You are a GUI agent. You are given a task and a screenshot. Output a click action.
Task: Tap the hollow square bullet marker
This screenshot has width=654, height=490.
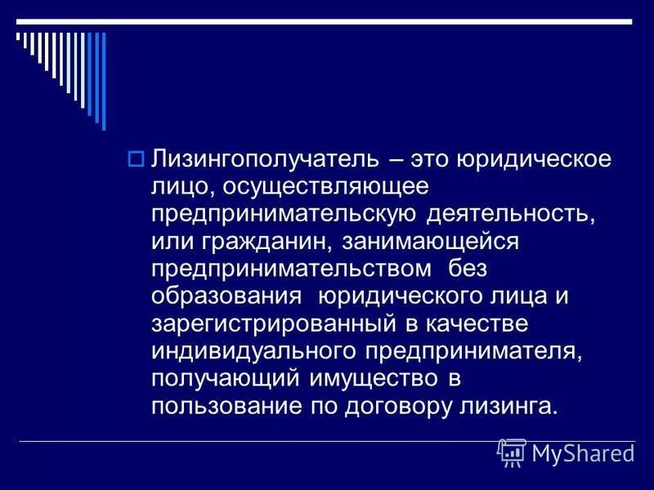(x=137, y=158)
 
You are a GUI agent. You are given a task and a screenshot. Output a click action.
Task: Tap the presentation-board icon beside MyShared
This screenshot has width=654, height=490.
(x=512, y=452)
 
